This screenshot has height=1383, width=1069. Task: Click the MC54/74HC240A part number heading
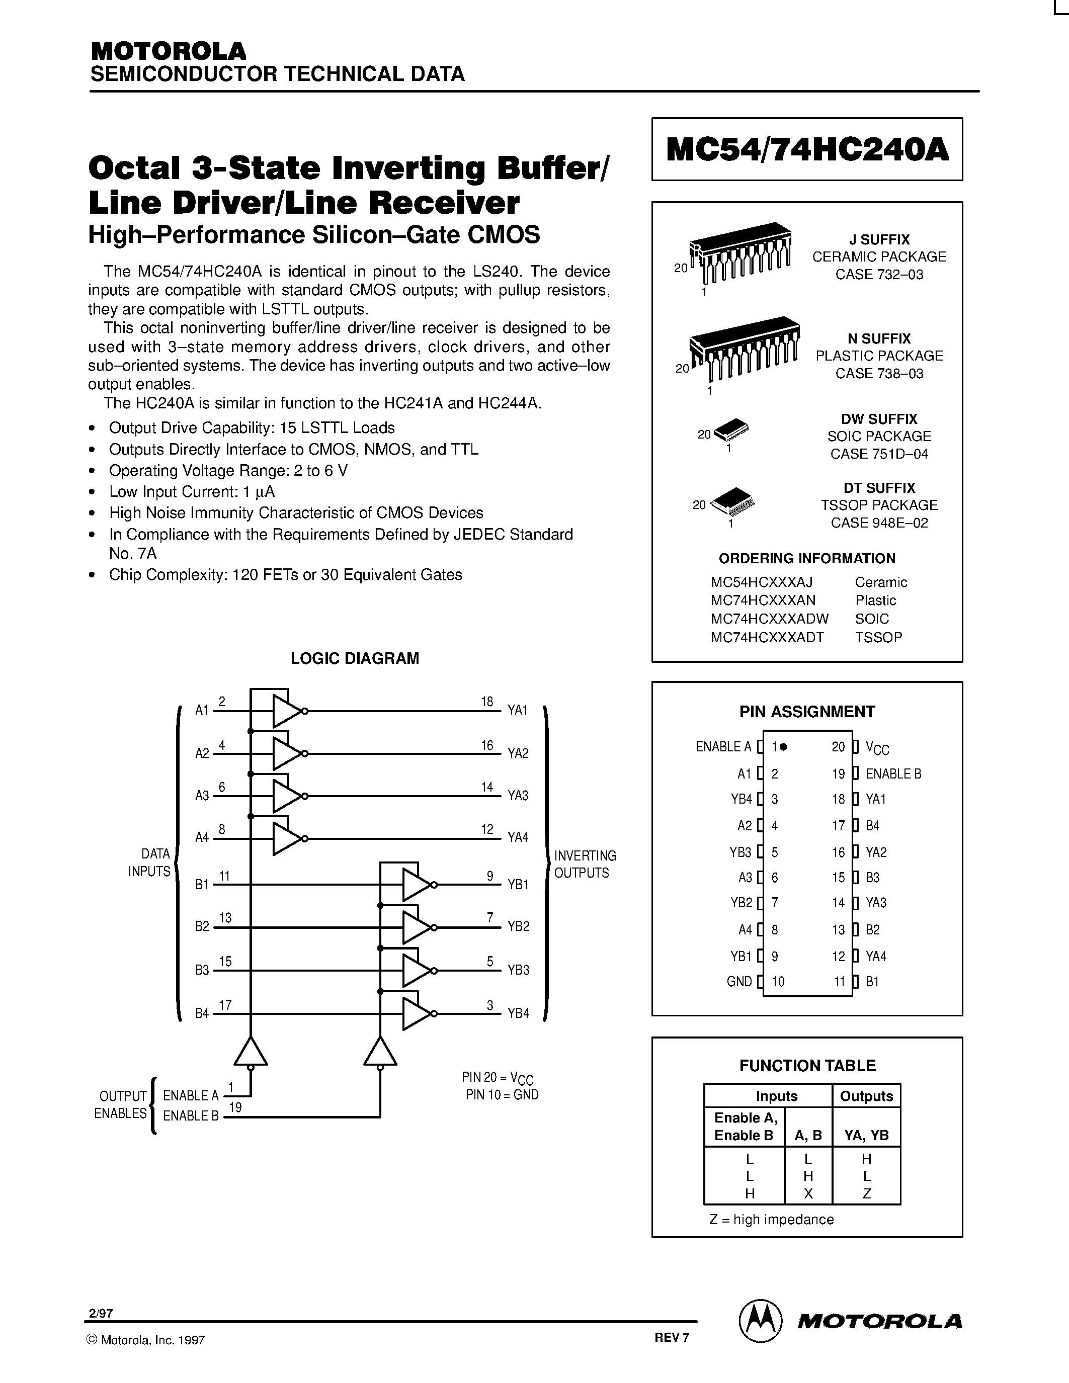pyautogui.click(x=807, y=150)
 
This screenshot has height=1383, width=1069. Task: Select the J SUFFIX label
pyautogui.click(x=879, y=239)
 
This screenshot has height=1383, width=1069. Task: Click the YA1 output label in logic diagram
pyautogui.click(x=518, y=711)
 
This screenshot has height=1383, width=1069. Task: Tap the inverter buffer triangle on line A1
pyautogui.click(x=287, y=711)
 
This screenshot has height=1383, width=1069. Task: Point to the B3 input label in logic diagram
pyautogui.click(x=202, y=970)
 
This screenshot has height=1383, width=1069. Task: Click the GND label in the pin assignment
pyautogui.click(x=739, y=982)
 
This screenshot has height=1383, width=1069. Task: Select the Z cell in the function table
pyautogui.click(x=866, y=1194)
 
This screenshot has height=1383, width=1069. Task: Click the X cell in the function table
pyautogui.click(x=808, y=1194)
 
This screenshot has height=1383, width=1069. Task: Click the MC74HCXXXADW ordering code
pyautogui.click(x=770, y=619)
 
